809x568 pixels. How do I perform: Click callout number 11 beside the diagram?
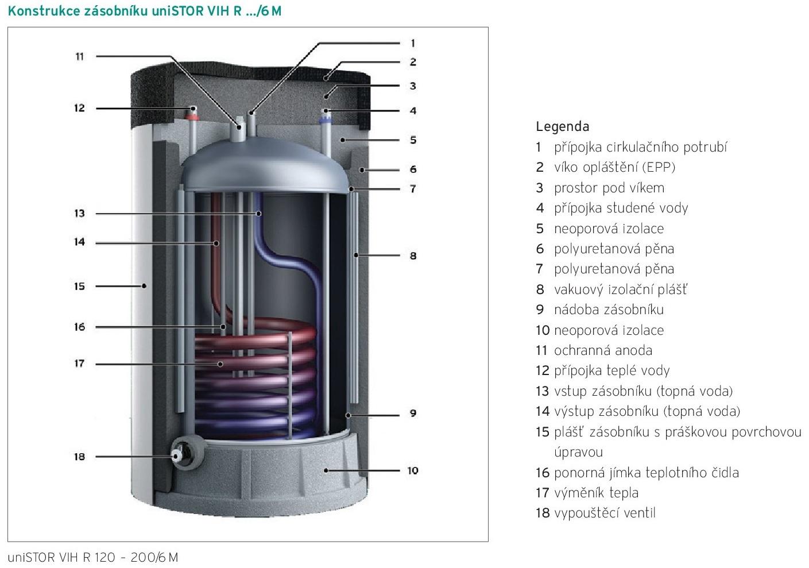coord(79,56)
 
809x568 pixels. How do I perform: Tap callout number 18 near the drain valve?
coord(79,457)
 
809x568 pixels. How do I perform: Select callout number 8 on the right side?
coord(413,256)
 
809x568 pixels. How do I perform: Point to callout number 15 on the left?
coord(79,286)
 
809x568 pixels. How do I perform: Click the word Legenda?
coord(562,126)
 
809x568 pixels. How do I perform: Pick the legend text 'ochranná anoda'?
coord(602,350)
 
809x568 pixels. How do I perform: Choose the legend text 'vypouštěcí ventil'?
coord(604,513)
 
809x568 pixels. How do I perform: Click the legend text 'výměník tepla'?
coord(595,493)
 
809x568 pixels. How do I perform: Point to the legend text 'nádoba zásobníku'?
coord(608,310)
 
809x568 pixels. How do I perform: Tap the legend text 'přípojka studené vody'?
coord(620,208)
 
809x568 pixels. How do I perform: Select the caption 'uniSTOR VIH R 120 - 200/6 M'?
coord(93,557)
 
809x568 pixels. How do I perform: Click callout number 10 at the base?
coord(413,470)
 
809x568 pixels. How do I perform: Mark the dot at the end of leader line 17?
coord(220,364)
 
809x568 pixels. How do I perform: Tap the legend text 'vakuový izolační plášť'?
coord(620,289)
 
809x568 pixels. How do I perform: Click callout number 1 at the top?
coord(413,43)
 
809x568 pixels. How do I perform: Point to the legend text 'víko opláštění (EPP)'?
coord(614,167)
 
